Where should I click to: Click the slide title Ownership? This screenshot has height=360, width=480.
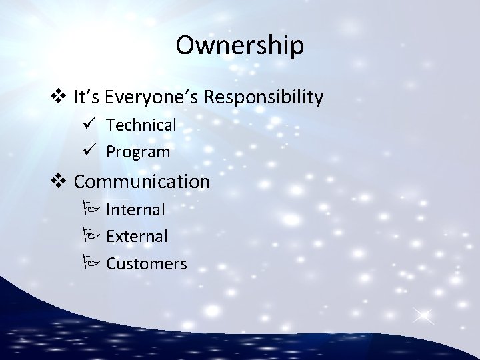[x=240, y=45]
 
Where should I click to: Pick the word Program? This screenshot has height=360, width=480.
[x=138, y=152]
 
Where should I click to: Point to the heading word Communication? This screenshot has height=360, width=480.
[x=142, y=181]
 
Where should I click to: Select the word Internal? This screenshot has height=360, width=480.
[x=135, y=210]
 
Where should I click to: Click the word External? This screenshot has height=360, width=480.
[x=137, y=237]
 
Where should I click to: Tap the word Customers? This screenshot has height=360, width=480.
[x=147, y=264]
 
